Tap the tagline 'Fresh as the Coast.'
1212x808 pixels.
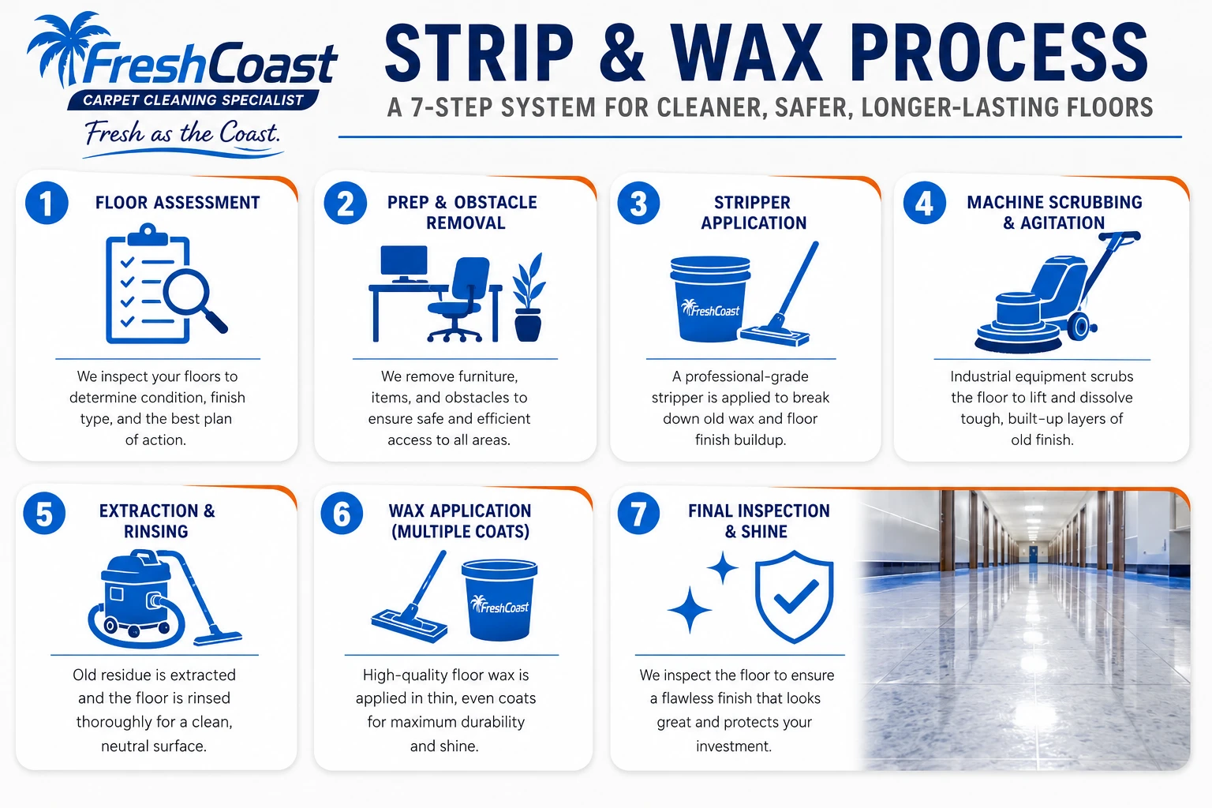click(x=182, y=133)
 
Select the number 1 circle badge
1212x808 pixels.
click(x=47, y=203)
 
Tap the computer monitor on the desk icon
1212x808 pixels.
click(x=404, y=264)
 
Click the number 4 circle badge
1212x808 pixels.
click(x=925, y=203)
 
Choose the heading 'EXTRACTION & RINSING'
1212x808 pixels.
click(x=157, y=521)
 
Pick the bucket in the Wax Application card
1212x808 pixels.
click(x=499, y=600)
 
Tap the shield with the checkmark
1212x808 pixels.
click(x=795, y=597)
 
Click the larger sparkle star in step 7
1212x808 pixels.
click(x=690, y=609)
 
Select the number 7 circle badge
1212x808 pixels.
click(x=638, y=513)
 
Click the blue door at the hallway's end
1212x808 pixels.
click(x=1033, y=554)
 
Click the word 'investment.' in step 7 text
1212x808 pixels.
click(x=734, y=746)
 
